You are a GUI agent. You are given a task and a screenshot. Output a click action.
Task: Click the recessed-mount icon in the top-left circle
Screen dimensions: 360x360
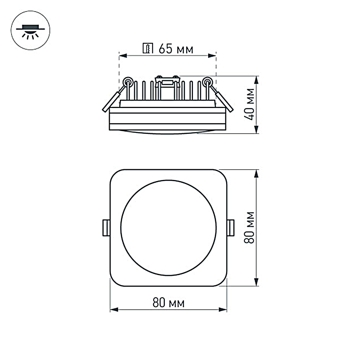(30, 31)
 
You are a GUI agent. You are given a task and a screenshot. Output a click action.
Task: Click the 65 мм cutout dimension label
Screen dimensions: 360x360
(175, 49)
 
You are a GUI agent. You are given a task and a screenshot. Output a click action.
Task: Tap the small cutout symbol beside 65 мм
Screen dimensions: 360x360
(148, 49)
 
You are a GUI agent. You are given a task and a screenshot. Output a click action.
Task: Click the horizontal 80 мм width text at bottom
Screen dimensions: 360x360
(168, 303)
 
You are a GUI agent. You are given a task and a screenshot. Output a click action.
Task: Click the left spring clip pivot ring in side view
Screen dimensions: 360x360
(127, 82)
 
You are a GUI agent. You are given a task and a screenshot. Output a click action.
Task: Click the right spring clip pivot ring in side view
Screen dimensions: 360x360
(207, 82)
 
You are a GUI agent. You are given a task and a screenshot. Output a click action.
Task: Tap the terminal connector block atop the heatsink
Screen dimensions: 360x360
(167, 81)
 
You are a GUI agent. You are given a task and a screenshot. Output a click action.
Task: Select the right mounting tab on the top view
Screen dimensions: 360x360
(231, 228)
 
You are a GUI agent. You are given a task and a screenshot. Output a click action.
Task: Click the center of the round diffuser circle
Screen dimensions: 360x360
(168, 228)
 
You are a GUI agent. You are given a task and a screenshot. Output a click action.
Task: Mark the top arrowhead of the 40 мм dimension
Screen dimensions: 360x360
(256, 79)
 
